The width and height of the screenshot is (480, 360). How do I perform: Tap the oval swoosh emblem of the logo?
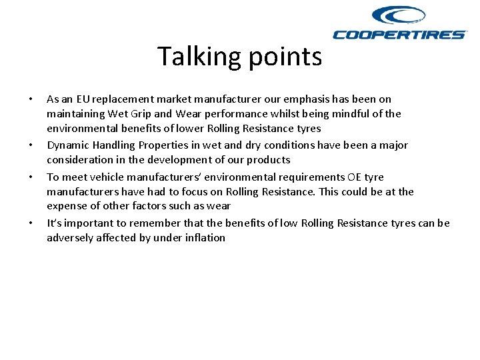[x=398, y=15]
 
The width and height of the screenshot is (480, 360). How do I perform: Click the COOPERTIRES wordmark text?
[x=399, y=35]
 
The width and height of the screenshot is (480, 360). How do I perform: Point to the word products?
[x=268, y=160]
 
